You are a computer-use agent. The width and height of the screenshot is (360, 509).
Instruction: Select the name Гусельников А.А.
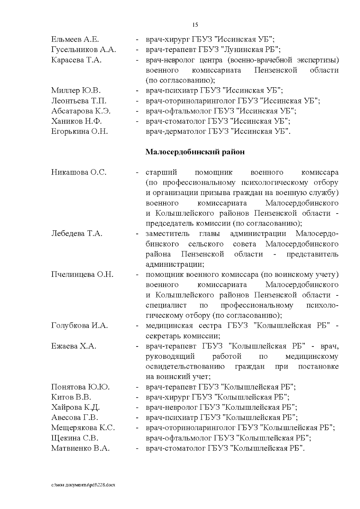pos(83,49)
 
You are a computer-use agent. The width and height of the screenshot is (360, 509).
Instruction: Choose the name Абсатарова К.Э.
pos(81,111)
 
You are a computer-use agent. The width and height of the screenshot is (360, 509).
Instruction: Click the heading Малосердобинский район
pos(195,152)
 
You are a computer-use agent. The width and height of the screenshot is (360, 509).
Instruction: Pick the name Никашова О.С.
pos(79,172)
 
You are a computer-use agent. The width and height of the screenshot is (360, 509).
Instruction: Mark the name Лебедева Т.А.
pos(77,234)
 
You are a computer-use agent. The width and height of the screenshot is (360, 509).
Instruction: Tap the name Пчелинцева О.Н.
pos(82,274)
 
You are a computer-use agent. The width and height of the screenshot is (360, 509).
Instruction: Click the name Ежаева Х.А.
pos(73,346)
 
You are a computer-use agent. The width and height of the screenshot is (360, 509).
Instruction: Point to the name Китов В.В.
pos(71,397)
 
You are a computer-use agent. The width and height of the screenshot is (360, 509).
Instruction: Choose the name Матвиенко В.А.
pos(80,448)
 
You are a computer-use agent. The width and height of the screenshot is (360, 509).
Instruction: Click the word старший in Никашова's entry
pos(161,172)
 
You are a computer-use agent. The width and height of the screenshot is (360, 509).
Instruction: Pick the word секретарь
pos(163,336)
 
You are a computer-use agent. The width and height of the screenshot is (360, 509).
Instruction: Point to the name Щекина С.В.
pos(75,438)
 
